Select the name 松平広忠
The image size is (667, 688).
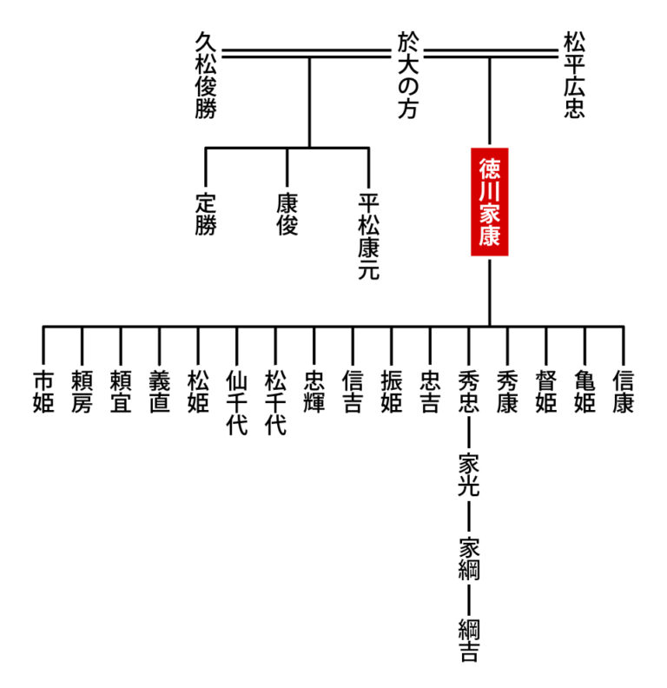point(573,76)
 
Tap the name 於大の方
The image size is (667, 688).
point(407,76)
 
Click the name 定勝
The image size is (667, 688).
point(205,214)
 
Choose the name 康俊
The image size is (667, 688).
point(287,214)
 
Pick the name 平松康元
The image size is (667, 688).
point(369,235)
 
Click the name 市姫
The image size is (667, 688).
point(43,393)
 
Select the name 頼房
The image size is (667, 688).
point(82,393)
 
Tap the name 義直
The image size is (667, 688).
point(159,393)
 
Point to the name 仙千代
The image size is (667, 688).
point(236,404)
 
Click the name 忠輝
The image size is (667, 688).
point(314,393)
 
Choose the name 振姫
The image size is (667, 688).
point(391,393)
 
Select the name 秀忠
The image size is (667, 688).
point(468,393)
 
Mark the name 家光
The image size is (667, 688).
point(468,475)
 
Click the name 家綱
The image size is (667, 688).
point(468,559)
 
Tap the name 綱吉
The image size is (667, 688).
point(468,641)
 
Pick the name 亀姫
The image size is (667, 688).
point(584,393)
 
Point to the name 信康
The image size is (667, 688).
point(623,393)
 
